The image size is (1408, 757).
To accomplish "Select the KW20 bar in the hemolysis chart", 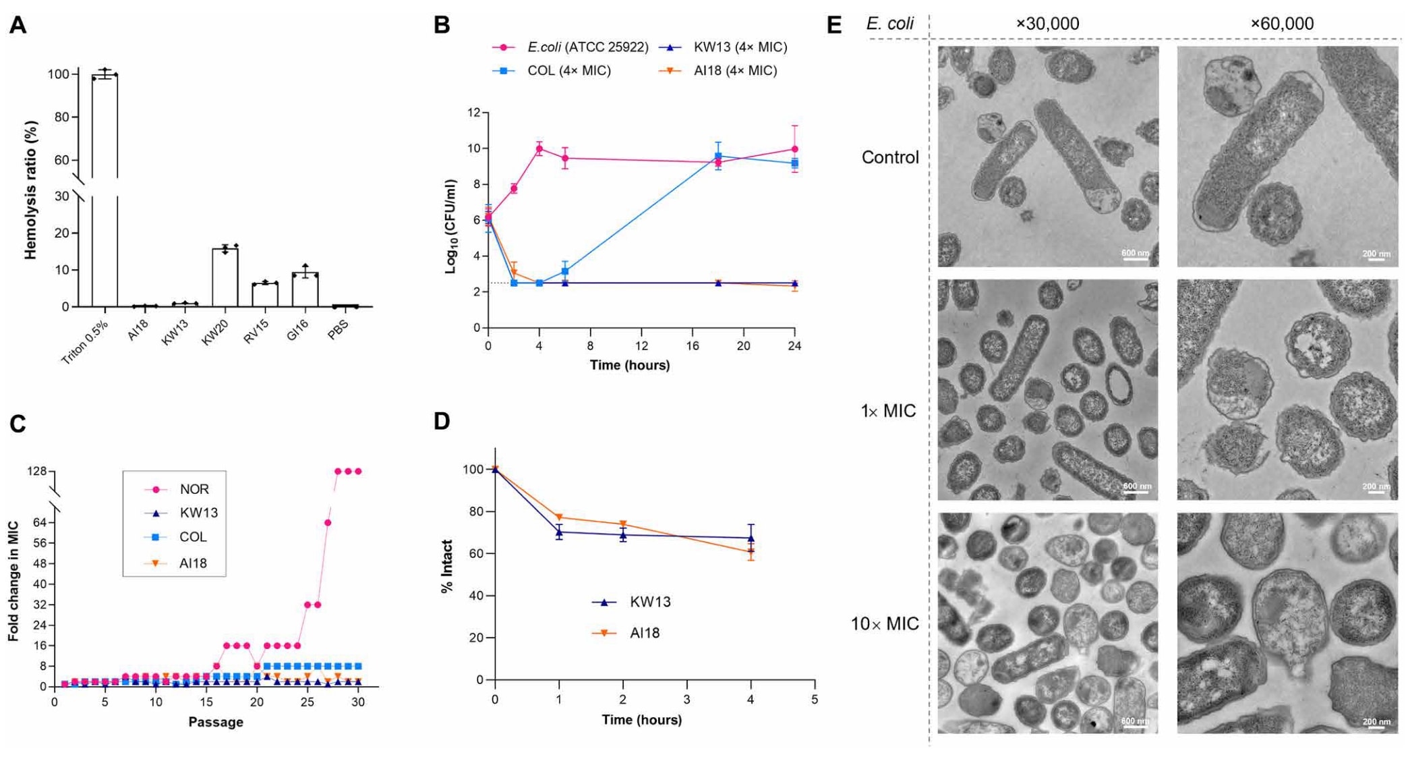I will [225, 277].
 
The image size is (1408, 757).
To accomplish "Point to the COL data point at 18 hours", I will [718, 157].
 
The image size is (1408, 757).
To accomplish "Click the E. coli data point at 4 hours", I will [539, 148].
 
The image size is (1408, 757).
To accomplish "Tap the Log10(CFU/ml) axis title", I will [451, 226].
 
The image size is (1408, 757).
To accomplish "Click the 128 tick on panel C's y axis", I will [36, 471].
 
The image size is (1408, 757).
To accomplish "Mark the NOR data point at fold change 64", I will [328, 523].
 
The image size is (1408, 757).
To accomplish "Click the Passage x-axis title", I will [216, 722].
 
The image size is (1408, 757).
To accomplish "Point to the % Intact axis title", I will [446, 567].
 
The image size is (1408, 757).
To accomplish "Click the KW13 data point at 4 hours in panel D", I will [751, 538].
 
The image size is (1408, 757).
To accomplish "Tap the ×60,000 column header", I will [1281, 24].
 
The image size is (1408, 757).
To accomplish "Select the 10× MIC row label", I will [884, 624].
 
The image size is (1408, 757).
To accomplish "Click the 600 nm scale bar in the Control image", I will [1135, 256].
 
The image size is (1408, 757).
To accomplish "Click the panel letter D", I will [442, 422].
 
